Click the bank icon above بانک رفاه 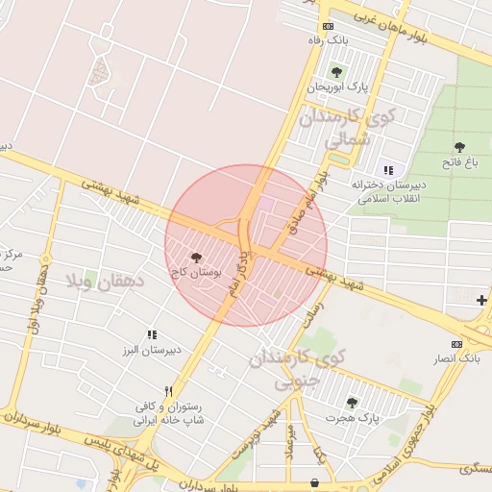(x=329, y=27)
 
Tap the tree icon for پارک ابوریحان (x=336, y=72)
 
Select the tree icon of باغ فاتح (x=459, y=147)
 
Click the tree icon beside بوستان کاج (x=197, y=258)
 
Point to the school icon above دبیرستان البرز (x=152, y=334)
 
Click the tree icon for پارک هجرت (x=352, y=403)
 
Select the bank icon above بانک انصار (x=456, y=344)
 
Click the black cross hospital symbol (x=481, y=301)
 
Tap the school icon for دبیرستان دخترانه (x=388, y=170)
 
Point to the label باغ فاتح (x=459, y=163)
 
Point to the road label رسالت (x=316, y=317)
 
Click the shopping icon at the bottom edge (x=314, y=482)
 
